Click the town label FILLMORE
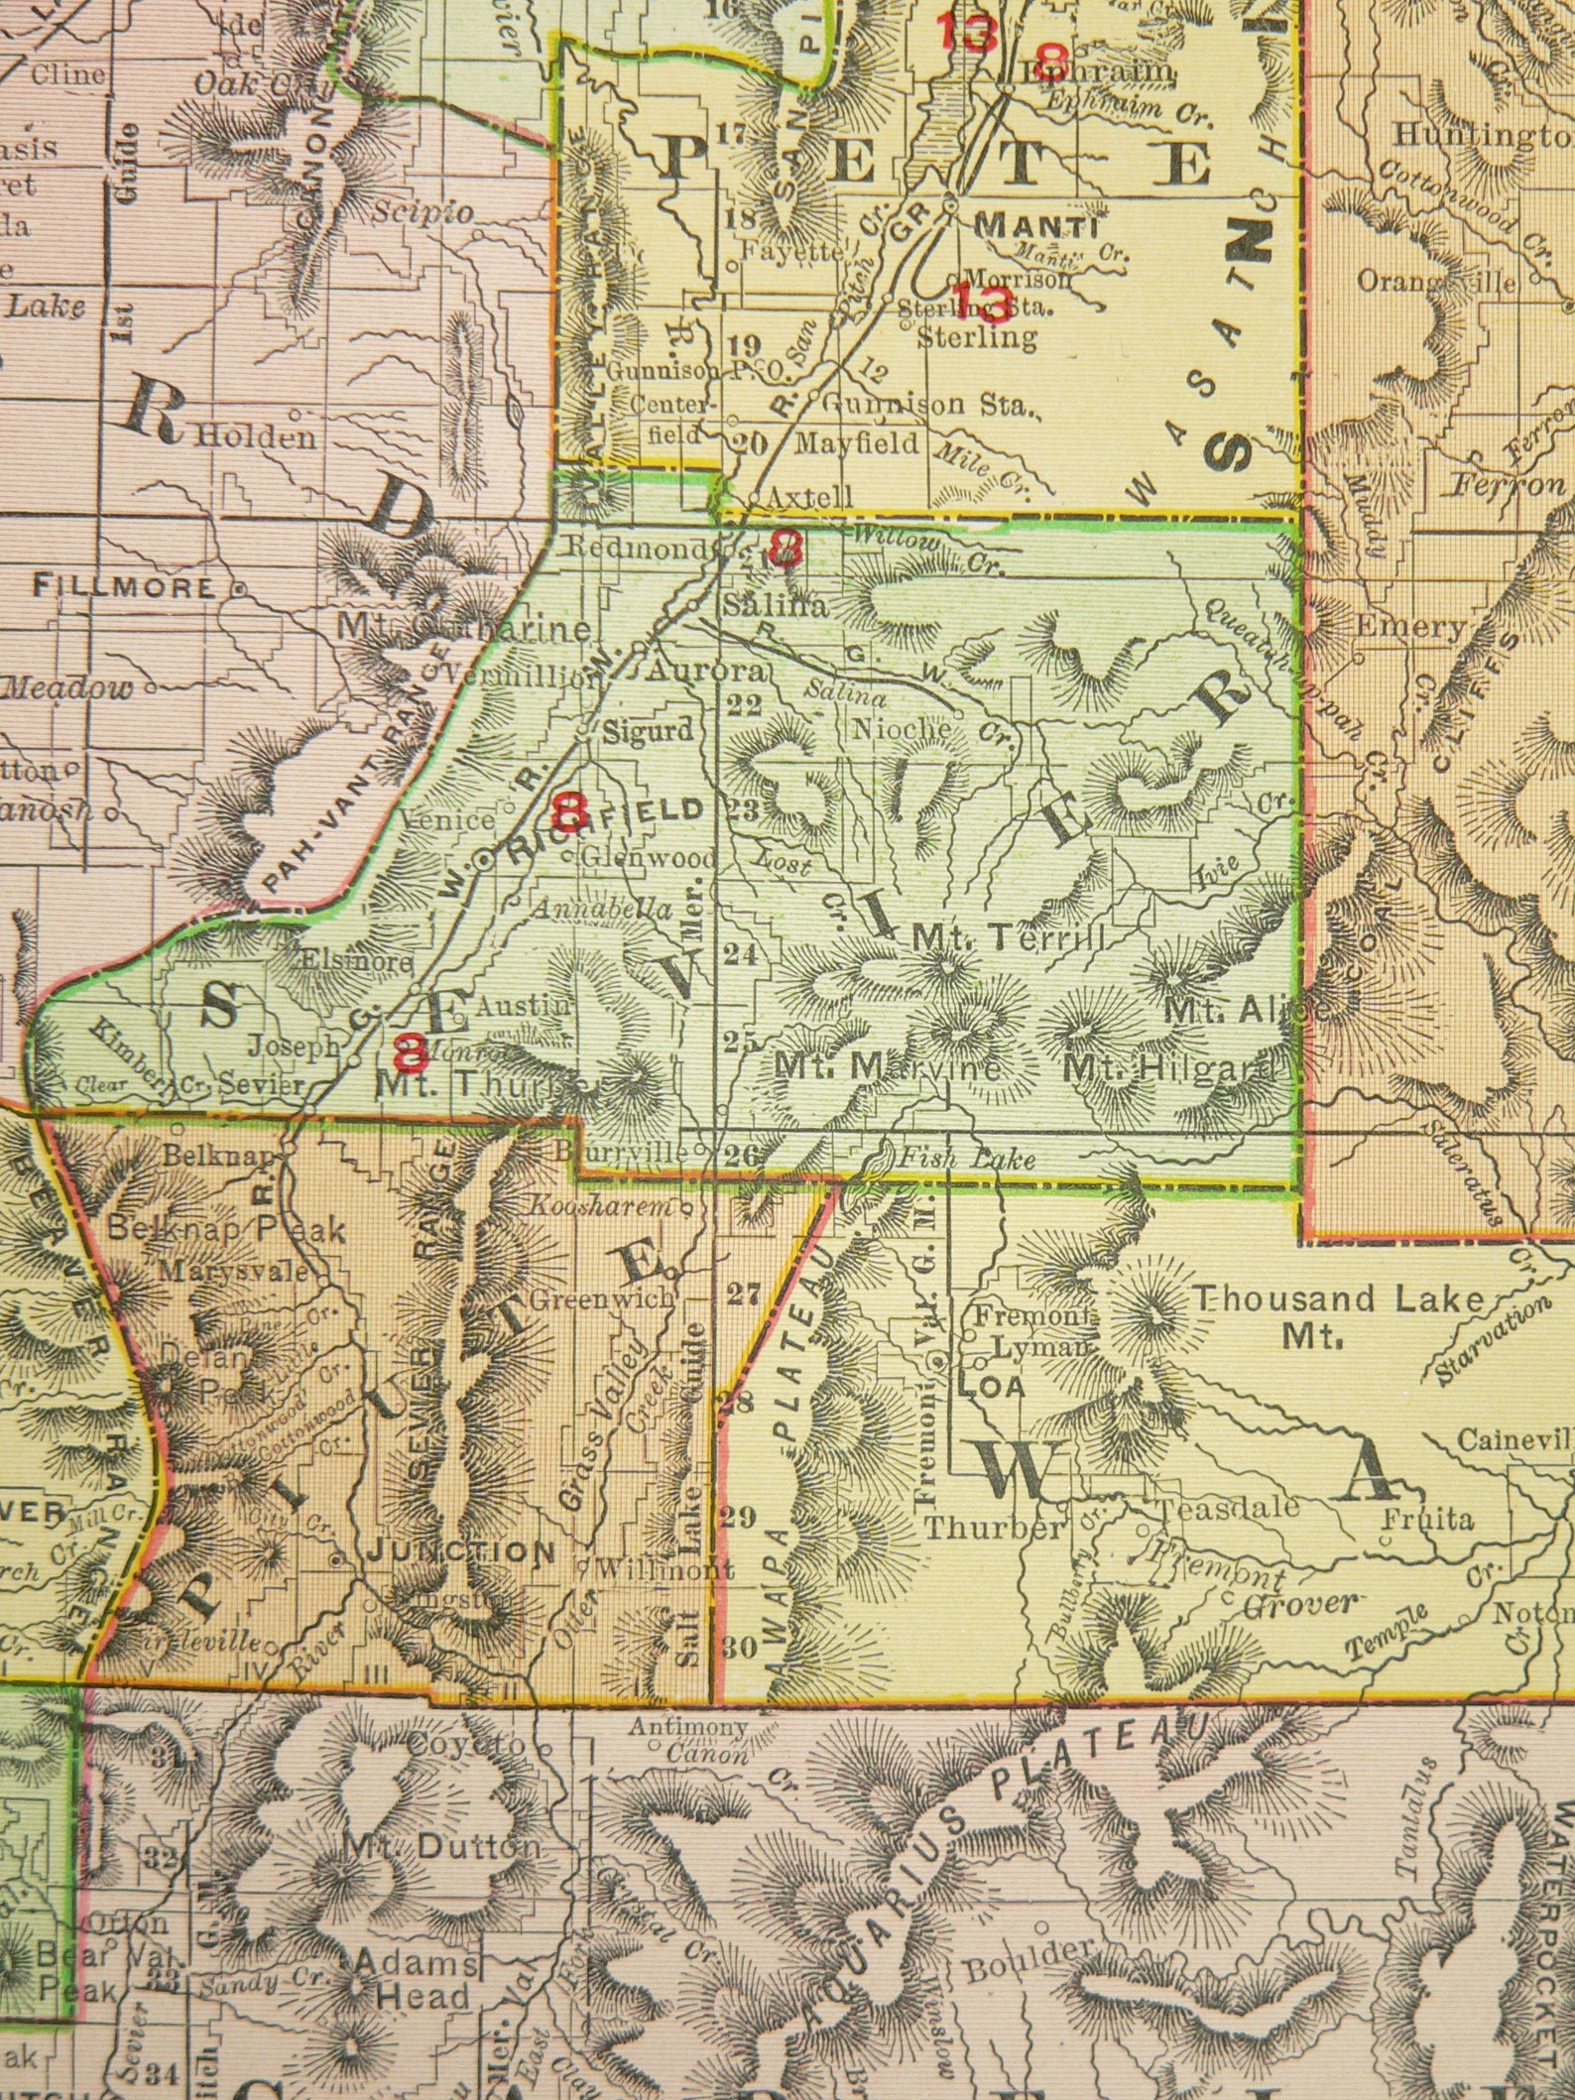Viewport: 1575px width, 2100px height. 124,586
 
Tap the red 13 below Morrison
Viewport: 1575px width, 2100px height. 984,301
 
